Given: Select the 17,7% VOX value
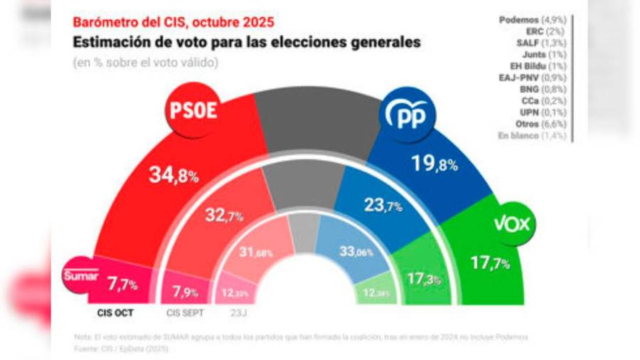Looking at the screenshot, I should pos(490,264).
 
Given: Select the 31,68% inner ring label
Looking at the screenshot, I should pos(257,253).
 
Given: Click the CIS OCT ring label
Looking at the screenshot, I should pos(115,311).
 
